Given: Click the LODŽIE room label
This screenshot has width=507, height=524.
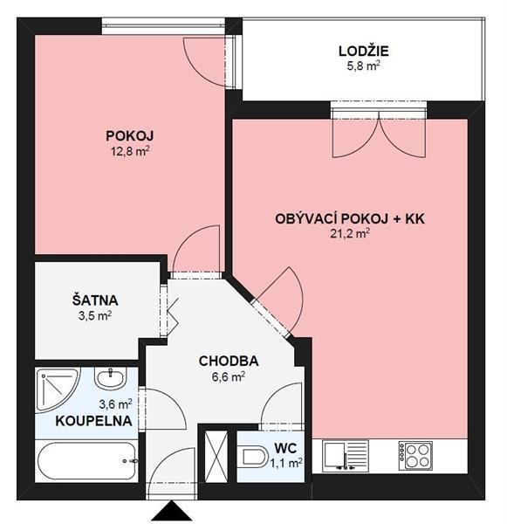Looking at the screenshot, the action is pos(363,51).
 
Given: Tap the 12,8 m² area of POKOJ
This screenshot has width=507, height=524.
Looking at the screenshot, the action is pos(130,152).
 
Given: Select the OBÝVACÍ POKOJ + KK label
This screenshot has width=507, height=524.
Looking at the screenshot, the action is pos(350,219).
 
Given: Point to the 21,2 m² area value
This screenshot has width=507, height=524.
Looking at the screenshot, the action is pos(350,233).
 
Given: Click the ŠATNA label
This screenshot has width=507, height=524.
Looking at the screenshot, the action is pos(95,300).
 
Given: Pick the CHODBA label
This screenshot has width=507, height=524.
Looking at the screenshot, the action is pos(229,361).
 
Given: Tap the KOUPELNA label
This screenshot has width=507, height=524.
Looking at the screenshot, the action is pos(93,421).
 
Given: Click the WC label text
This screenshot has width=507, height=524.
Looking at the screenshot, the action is pos(285,448).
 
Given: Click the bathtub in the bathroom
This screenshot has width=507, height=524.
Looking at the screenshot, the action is pos(87,461).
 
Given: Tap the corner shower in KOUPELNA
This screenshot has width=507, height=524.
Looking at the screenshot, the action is pos(57,390).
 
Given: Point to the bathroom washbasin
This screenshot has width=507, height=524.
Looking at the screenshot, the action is pos(111,377).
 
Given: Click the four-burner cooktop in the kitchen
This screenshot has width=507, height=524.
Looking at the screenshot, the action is pos(415,456).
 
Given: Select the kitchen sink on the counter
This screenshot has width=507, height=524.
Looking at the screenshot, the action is pos(346,456).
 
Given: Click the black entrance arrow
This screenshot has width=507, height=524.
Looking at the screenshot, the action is pos(172,511).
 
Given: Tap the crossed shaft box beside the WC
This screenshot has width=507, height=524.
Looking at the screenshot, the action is pos(216,457).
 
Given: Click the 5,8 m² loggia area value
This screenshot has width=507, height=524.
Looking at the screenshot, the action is pos(364,65).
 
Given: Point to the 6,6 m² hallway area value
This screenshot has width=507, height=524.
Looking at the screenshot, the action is pos(229,376).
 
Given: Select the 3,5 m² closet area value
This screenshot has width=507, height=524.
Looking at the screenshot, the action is pos(95,315).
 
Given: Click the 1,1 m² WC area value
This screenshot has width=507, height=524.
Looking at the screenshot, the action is pos(286,463).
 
